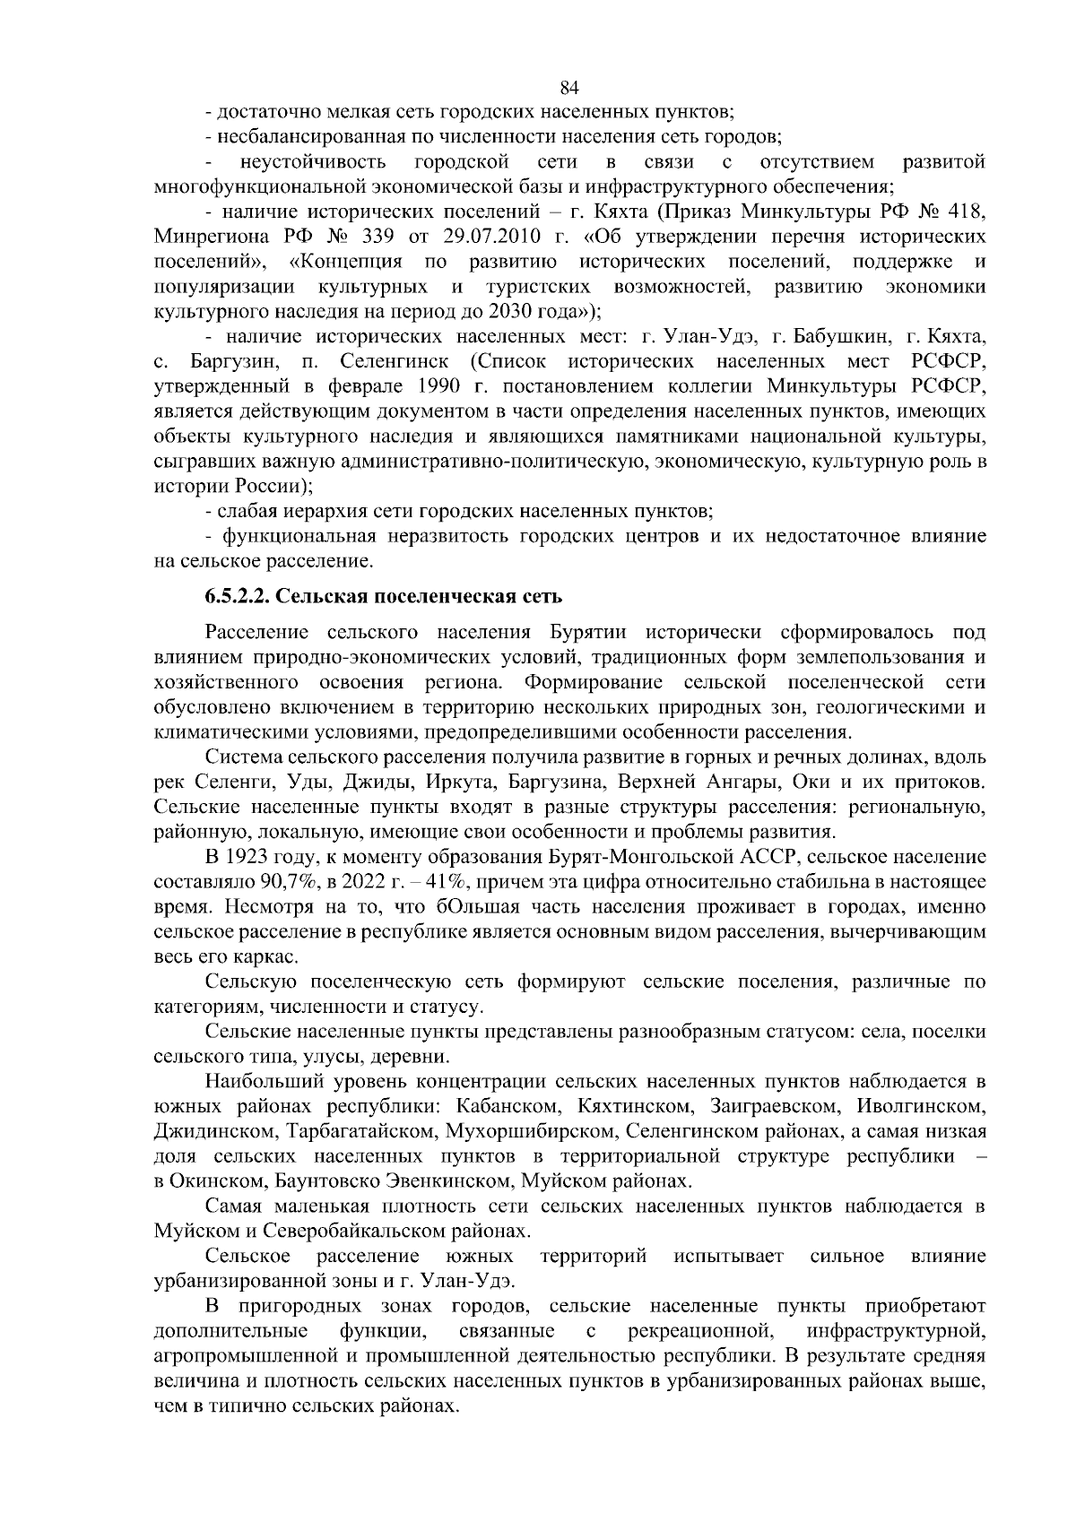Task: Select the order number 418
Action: pos(968,212)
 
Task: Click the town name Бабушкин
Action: pos(840,337)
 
